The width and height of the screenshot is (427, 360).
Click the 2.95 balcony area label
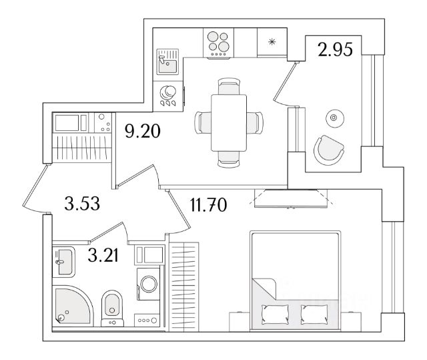335,49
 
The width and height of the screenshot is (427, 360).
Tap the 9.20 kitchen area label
142,131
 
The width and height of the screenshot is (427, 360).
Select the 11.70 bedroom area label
208,205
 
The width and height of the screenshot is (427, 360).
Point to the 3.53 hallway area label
82,204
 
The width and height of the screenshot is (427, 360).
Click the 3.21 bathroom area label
103,256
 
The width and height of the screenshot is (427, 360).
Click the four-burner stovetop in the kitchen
218,43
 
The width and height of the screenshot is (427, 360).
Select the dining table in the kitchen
229,123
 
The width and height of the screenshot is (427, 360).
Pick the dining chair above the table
229,86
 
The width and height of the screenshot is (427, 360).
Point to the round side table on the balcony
335,118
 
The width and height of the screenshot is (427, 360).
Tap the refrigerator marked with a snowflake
272,42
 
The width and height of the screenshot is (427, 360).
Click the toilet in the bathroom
112,309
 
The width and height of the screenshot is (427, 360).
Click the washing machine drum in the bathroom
148,284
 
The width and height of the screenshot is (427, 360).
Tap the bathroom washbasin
63,262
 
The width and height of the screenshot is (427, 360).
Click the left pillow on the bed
275,314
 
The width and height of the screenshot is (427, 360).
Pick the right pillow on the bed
314,314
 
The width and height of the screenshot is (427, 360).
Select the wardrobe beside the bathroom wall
184,287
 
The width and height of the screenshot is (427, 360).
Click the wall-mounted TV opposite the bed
291,198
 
